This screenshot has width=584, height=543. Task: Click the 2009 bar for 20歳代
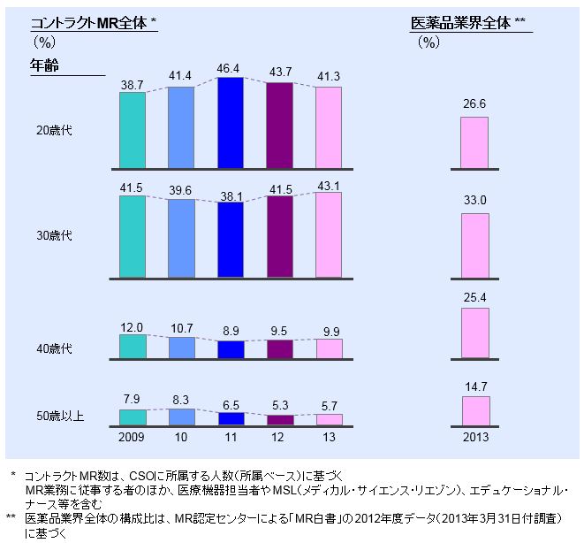[132, 130]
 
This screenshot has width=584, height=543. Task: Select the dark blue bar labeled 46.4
[231, 123]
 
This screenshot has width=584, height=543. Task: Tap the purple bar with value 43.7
[279, 125]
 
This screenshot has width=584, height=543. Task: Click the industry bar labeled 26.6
[474, 142]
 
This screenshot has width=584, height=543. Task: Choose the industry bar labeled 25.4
[474, 333]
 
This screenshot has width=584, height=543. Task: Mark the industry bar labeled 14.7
[474, 410]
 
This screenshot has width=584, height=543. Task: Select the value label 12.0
[132, 326]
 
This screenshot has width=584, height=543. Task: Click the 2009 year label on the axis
[132, 437]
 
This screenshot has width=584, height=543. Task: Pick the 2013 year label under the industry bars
[474, 437]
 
